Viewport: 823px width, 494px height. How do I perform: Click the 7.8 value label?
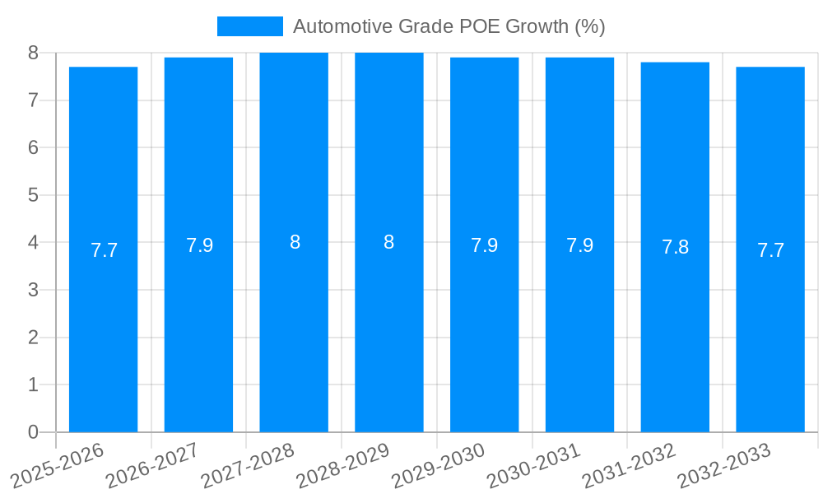[675, 248]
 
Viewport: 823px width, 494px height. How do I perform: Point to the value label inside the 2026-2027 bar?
[199, 245]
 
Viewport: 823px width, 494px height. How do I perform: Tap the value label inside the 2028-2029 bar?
[388, 243]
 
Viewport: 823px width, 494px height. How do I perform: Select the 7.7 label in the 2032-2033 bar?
[770, 250]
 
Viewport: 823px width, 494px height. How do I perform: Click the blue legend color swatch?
[249, 26]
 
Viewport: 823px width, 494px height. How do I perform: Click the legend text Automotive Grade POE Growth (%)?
[449, 26]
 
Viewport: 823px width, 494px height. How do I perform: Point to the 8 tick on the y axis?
[33, 53]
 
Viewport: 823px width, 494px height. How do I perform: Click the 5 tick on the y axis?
[33, 195]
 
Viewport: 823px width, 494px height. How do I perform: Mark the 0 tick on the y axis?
[33, 432]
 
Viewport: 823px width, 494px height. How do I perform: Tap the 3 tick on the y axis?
[33, 290]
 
